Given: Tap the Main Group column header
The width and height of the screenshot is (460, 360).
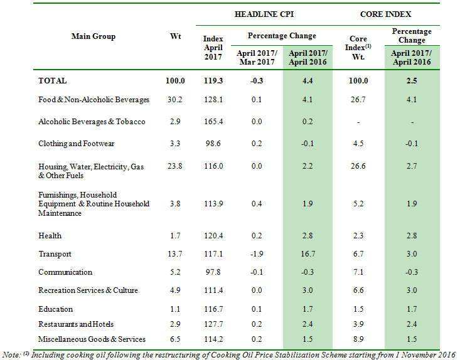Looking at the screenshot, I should pos(94,36).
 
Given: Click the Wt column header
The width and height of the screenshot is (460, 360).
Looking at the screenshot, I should pos(176,36).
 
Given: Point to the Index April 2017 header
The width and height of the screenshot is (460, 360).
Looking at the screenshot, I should pos(213,47).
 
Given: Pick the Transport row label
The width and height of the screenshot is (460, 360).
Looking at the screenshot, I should pos(55,254).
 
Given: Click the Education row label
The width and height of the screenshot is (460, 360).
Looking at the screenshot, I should pos(56,309).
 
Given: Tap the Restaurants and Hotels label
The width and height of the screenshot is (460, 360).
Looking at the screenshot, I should pos(77,324).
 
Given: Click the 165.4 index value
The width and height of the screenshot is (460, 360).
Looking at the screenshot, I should pos(213,122).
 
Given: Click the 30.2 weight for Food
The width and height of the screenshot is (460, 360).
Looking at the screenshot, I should pos(176,100).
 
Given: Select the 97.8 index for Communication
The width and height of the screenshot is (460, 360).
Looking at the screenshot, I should pos(213,272).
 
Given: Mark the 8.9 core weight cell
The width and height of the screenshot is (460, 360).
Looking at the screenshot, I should pos(358,339).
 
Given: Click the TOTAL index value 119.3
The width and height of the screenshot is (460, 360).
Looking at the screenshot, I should pos(213,81).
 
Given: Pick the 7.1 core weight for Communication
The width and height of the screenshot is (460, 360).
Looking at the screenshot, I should pos(358,272).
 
